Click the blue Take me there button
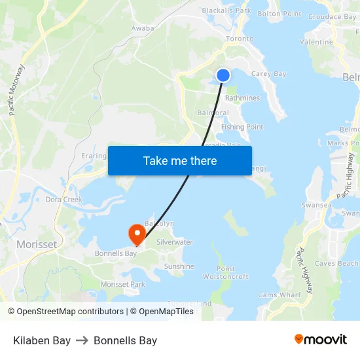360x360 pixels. pyautogui.click(x=180, y=160)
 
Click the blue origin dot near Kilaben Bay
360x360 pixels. pyautogui.click(x=223, y=75)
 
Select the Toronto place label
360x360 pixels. pyautogui.click(x=239, y=39)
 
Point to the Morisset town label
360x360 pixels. pyautogui.click(x=36, y=244)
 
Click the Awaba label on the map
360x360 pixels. pyautogui.click(x=143, y=28)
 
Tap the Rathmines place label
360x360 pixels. pyautogui.click(x=242, y=98)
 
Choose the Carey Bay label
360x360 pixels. pyautogui.click(x=268, y=74)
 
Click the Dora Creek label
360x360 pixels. pyautogui.click(x=63, y=199)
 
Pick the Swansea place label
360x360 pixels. pyautogui.click(x=317, y=205)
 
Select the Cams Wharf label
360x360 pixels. pyautogui.click(x=279, y=295)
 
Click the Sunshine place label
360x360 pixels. pyautogui.click(x=179, y=266)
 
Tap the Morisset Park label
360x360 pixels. pyautogui.click(x=122, y=284)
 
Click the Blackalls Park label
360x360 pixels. pyautogui.click(x=226, y=10)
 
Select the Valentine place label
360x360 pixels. pyautogui.click(x=316, y=42)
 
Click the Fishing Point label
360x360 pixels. pyautogui.click(x=242, y=127)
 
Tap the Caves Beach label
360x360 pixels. pyautogui.click(x=336, y=263)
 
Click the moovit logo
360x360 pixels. pyautogui.click(x=321, y=340)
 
